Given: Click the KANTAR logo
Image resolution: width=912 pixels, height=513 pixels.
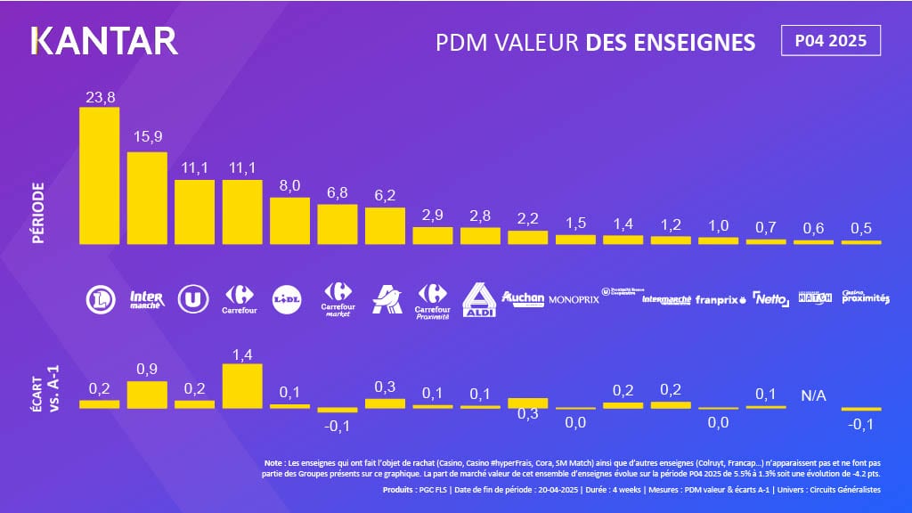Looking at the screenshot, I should click(x=104, y=41).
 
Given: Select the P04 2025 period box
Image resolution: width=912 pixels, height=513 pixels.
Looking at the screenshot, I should click(x=830, y=41).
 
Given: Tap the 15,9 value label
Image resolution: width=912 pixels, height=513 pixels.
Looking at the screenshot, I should click(x=147, y=138).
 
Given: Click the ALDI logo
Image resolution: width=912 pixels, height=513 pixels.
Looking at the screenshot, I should click(x=481, y=300).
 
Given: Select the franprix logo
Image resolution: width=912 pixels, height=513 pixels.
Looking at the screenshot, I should click(x=720, y=300).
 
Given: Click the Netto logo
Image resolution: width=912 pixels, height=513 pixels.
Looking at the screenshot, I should click(x=769, y=299).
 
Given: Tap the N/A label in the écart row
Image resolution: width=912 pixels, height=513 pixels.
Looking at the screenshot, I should click(x=814, y=395).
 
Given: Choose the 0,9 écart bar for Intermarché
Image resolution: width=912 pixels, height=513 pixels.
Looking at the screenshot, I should click(x=147, y=395).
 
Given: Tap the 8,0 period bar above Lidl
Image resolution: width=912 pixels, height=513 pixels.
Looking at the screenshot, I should click(x=290, y=220).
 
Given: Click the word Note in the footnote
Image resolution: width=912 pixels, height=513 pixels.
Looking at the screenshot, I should click(x=275, y=463).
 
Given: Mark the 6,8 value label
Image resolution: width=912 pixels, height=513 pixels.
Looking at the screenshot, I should click(x=338, y=191).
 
